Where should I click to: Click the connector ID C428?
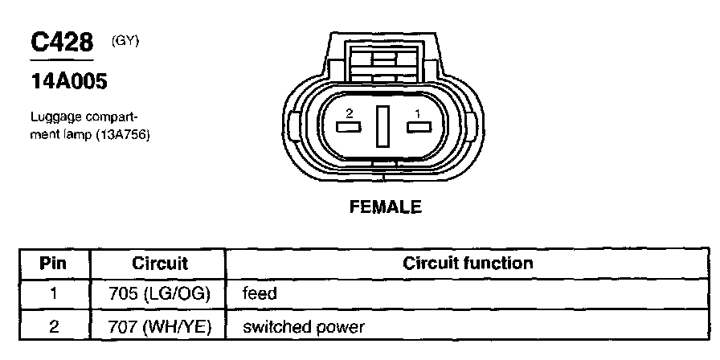coord(61,43)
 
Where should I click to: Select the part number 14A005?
coord(68,81)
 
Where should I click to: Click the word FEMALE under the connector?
coord(385,207)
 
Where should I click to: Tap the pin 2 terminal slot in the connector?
coord(348,126)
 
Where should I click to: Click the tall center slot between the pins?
coord(382,126)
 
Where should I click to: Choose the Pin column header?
coord(54,264)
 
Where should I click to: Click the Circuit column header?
coord(159,264)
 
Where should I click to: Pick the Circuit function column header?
coord(468,264)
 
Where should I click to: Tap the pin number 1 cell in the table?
coord(54,294)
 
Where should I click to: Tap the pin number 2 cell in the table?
coord(54,327)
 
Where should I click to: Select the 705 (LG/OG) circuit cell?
coord(159,294)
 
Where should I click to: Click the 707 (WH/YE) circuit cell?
coord(159,327)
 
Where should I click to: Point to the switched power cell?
coord(304,327)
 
